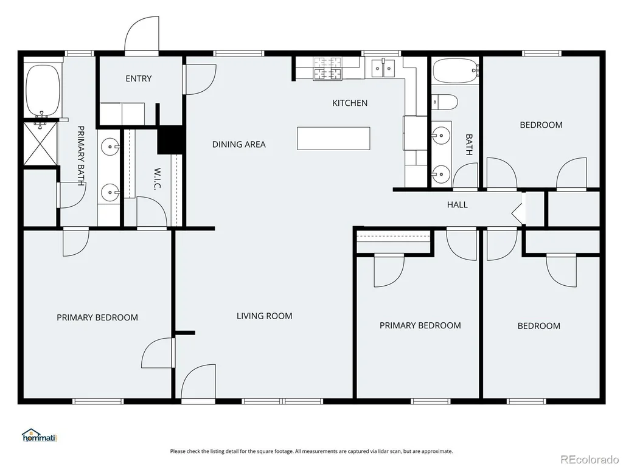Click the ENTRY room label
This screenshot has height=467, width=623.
(139, 78)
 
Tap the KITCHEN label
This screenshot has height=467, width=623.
(350, 103)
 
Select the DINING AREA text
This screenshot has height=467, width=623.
(238, 144)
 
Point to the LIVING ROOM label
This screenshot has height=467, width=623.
(264, 316)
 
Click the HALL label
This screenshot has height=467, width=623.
(458, 204)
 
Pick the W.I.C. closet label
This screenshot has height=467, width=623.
(157, 179)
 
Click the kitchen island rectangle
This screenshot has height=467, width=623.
(334, 139)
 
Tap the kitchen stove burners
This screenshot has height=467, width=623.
(328, 68)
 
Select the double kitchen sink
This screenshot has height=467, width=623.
(383, 68)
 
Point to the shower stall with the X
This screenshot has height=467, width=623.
(41, 144)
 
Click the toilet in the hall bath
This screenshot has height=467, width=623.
(445, 102)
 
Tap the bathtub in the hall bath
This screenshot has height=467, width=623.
(455, 71)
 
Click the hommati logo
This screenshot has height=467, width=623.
(40, 435)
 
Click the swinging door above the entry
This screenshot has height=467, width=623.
(142, 35)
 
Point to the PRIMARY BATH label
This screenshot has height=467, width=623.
(81, 156)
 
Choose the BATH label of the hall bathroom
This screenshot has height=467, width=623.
(469, 145)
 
